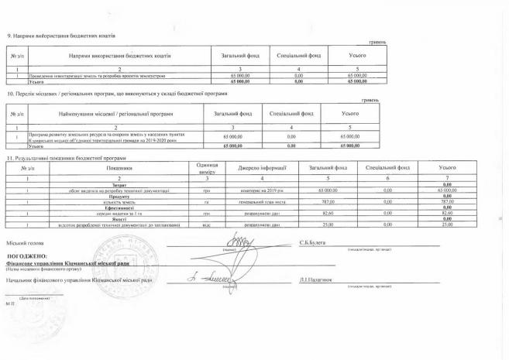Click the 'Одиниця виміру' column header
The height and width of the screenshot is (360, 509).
207,168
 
